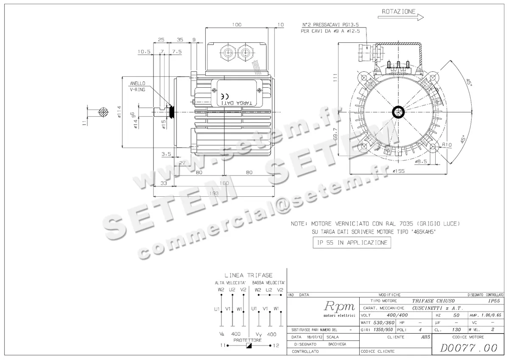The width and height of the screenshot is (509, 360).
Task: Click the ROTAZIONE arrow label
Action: pos(399,12)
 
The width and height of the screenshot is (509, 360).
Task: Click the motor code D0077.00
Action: pos(468,348)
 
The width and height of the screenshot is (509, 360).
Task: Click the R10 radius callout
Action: pos(446,145)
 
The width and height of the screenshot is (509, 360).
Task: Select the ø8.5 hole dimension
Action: pos(421,162)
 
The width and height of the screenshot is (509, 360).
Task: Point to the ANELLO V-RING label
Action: pos(137,87)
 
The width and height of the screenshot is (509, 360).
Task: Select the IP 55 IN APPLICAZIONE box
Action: pos(351,243)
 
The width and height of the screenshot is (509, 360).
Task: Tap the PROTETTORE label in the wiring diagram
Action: pos(248,340)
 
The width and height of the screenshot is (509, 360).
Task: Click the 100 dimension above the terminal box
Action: pos(237,25)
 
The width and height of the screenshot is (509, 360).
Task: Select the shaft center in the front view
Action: pos(399,112)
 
